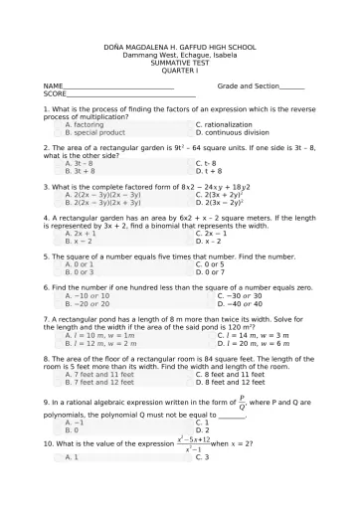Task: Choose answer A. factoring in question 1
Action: click(x=84, y=124)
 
